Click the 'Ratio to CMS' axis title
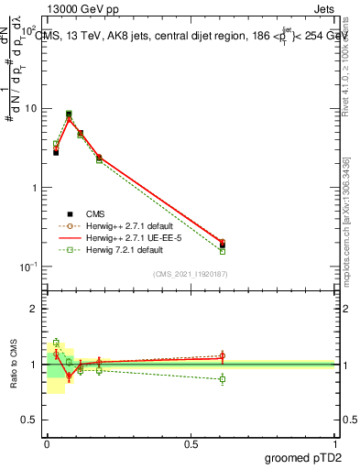click(15, 365)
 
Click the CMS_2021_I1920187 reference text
click(191, 274)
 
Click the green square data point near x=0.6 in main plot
click(223, 251)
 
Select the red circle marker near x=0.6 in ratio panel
click(223, 355)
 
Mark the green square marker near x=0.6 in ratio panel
click(223, 378)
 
